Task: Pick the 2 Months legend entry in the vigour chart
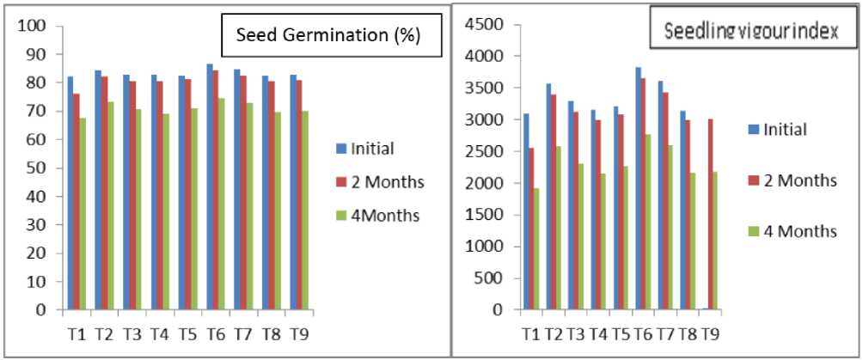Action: point(799,180)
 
